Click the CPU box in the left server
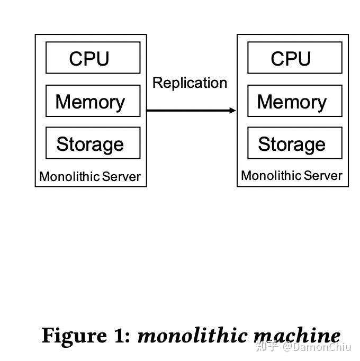coord(93,58)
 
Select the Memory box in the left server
coord(93,101)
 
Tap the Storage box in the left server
coord(93,143)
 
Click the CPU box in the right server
coord(294,58)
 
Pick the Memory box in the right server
coord(294,101)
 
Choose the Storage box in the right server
coord(294,143)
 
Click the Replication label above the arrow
coord(190,83)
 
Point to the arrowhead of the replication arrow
coord(233,110)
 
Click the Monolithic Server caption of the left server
coord(90,177)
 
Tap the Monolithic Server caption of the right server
coord(292,176)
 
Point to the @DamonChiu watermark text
coord(317,347)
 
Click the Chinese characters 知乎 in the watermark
coord(267,347)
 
